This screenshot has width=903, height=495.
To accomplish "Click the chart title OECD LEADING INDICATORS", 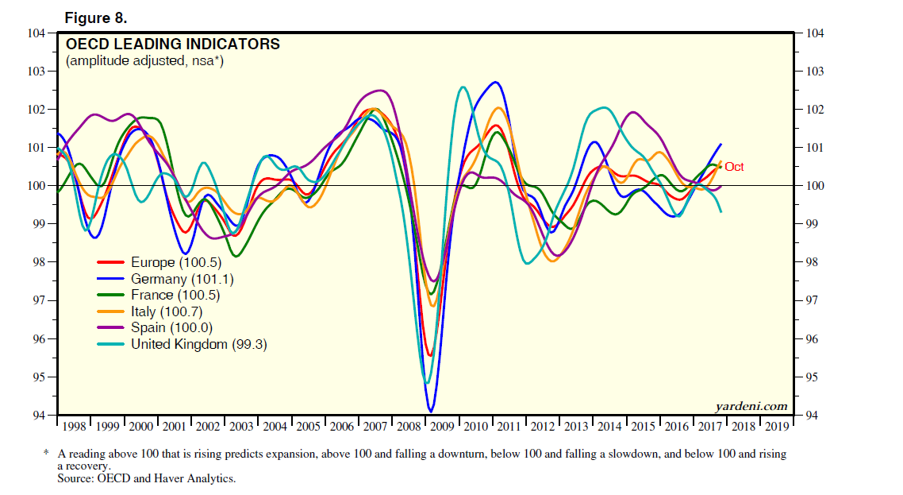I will (x=172, y=44).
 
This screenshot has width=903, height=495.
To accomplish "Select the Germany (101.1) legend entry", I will (x=182, y=279).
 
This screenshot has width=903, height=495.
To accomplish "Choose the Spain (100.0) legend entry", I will (x=172, y=327).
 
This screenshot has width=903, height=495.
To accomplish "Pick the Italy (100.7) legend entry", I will (x=169, y=311).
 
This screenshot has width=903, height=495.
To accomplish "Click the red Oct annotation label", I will (x=734, y=167).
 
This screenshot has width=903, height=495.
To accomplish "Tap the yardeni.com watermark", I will (x=751, y=406).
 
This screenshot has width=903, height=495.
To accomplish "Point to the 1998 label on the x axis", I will (x=74, y=427).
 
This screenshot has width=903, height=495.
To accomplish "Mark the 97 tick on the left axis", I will (x=38, y=300).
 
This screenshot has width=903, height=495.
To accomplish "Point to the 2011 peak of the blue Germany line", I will (x=497, y=82).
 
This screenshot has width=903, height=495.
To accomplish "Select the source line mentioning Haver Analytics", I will (x=147, y=478).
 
